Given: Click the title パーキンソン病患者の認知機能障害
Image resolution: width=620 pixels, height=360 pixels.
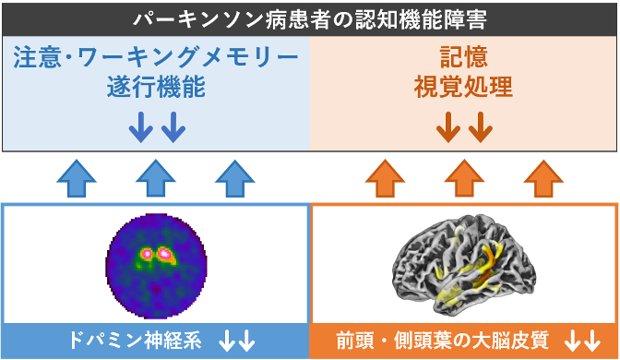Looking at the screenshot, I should click(310, 18).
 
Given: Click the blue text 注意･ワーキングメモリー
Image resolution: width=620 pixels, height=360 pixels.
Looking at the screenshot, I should click(156, 58).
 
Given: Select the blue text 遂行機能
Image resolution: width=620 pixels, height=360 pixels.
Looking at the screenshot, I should click(156, 90).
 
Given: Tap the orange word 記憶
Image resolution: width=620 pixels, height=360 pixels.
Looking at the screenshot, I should click(462, 58).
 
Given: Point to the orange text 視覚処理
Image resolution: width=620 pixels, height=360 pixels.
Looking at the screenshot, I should click(462, 90).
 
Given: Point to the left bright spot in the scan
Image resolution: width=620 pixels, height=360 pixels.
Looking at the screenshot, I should click(145, 251).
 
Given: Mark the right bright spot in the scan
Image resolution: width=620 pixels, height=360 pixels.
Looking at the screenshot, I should click(165, 251).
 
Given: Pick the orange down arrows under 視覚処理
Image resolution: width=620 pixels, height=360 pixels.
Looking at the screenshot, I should click(464, 128).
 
